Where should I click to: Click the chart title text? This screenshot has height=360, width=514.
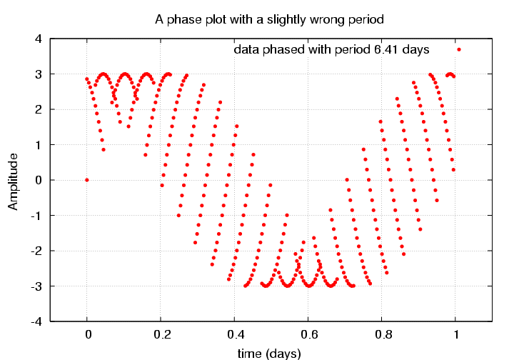coord(270,20)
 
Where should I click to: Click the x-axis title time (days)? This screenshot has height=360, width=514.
coord(270,353)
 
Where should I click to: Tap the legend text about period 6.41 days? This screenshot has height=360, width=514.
coord(331,50)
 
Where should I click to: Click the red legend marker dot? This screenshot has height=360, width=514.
coord(459,49)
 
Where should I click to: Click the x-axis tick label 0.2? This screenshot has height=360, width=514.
coord(161,334)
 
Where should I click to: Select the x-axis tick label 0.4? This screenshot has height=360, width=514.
coord(235,334)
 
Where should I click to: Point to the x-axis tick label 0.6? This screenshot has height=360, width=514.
coord(308,334)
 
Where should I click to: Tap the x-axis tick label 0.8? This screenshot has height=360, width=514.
coord(382,334)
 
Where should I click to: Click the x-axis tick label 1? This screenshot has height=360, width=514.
coord(455,334)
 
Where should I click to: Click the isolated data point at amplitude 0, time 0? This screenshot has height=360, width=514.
coord(87,180)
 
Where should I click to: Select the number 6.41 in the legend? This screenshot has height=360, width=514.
coord(386,50)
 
